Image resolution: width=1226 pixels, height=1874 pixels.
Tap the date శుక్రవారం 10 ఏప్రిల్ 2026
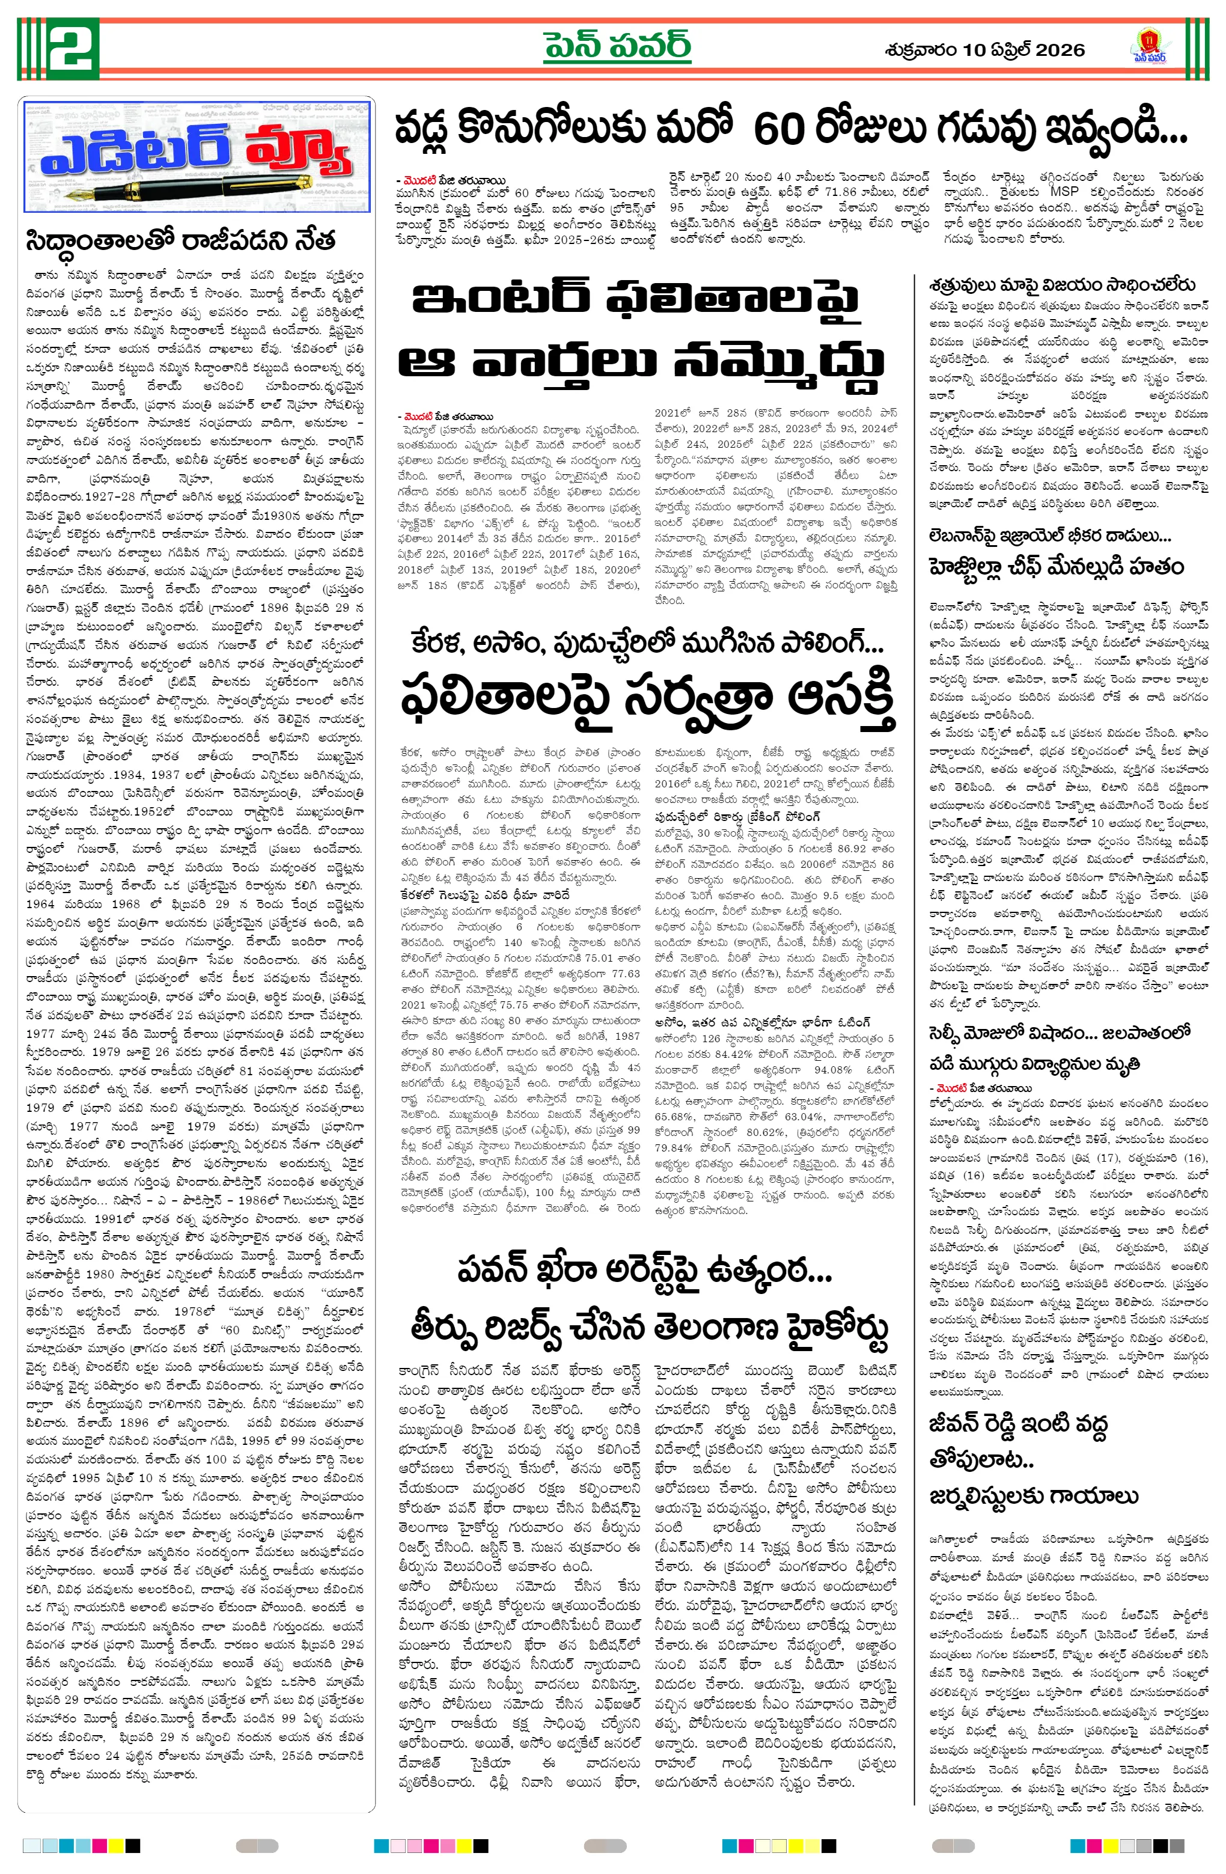[x=984, y=50]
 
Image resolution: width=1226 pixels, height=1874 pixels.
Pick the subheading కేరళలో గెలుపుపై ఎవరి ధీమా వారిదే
[x=484, y=896]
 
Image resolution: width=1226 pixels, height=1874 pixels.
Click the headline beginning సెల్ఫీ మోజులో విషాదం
[x=1059, y=1033]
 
